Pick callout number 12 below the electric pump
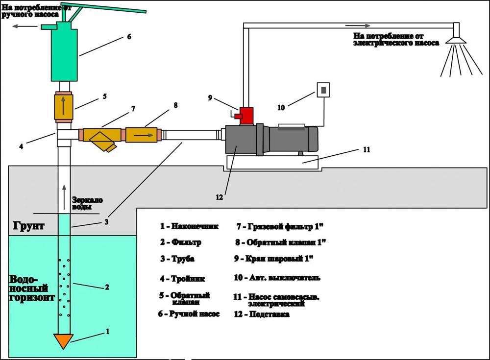pos(219,197)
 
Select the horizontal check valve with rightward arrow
pos(143,134)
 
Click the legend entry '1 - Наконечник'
pos(189,227)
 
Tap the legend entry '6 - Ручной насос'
pos(189,314)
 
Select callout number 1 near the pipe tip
pos(107,332)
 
